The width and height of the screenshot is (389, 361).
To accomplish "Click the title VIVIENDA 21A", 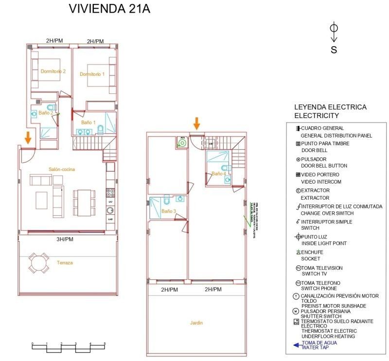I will (109, 9).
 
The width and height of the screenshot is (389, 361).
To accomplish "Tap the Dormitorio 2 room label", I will (53, 71).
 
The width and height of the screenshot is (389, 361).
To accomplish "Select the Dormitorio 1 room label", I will (92, 74).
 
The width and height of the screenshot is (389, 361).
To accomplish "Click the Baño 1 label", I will (88, 123).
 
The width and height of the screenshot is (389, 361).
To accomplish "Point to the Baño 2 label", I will (46, 113).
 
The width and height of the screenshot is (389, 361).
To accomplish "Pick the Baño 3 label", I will (169, 211).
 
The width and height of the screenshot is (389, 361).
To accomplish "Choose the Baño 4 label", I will (218, 173).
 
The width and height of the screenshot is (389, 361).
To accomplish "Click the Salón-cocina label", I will (62, 170).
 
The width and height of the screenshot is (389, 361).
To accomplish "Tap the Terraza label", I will (65, 263).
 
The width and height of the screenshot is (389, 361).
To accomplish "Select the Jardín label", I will (196, 323).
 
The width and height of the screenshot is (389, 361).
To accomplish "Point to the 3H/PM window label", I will (64, 240).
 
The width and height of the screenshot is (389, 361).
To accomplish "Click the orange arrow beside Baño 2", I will (28, 138).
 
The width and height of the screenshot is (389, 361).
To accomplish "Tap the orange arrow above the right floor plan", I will (196, 123).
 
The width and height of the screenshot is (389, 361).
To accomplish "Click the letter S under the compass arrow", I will (334, 50).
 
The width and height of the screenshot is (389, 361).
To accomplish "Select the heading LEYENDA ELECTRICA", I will (330, 107).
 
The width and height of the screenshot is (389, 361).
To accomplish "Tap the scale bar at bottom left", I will (69, 344).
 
